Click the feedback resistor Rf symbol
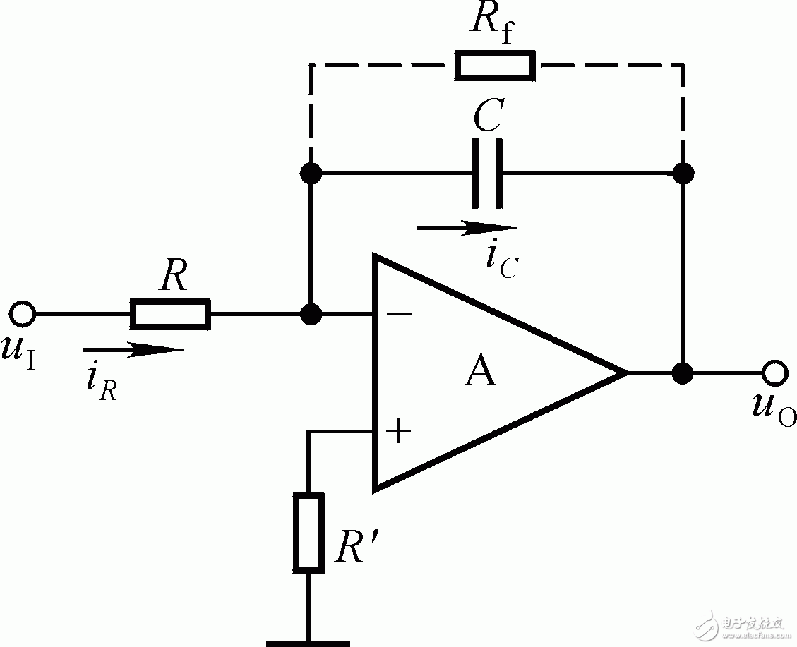(494, 65)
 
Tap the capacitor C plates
(488, 173)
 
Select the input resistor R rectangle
(170, 314)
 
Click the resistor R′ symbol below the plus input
(308, 533)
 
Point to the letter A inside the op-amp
(480, 372)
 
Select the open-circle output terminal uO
(774, 372)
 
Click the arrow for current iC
(467, 228)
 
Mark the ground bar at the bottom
(308, 641)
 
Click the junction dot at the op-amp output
(682, 373)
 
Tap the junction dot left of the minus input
(308, 314)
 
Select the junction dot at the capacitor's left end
(308, 173)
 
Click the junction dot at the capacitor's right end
(683, 173)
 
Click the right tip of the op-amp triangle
(625, 373)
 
